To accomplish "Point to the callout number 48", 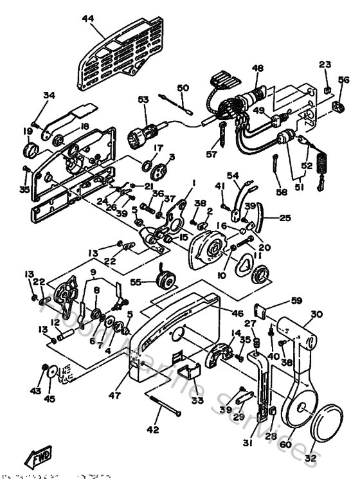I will (x=258, y=68).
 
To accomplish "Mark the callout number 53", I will (x=143, y=99).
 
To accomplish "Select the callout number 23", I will (x=325, y=64).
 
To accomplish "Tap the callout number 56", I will (x=344, y=80).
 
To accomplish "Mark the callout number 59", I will (x=296, y=300).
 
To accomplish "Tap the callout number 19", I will (x=28, y=131).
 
